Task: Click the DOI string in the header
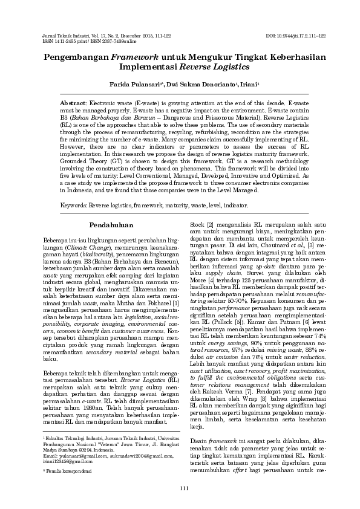point(296,36)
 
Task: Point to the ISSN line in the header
point(79,41)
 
